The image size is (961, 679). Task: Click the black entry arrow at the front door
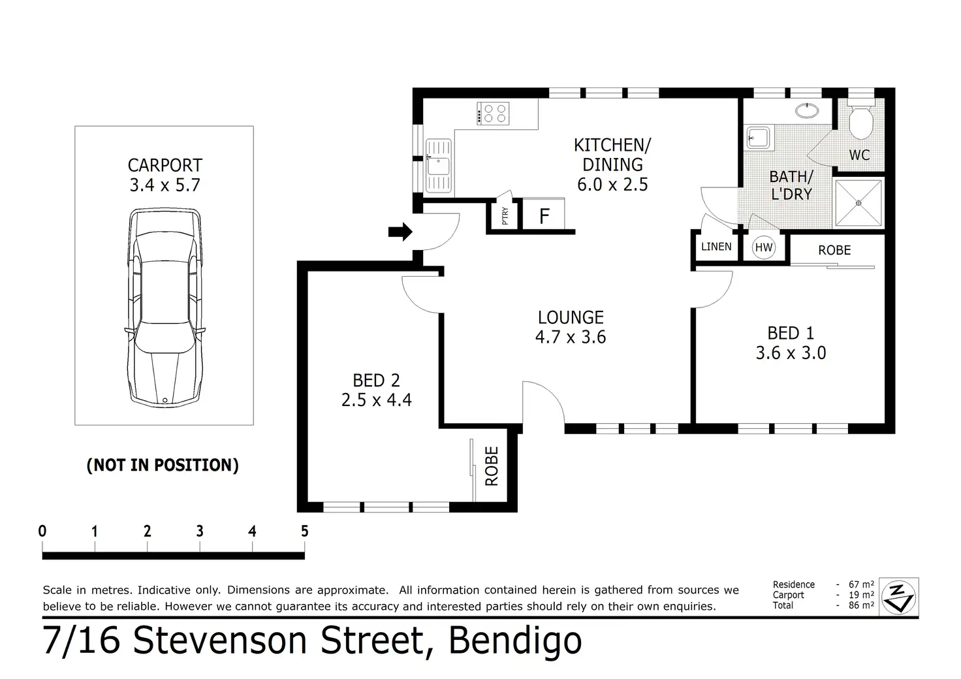pyautogui.click(x=400, y=232)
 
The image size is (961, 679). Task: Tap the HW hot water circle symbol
pyautogui.click(x=764, y=247)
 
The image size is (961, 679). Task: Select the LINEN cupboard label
pyautogui.click(x=716, y=247)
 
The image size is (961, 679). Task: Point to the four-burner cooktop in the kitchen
pyautogui.click(x=494, y=113)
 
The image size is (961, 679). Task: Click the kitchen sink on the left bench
pyautogui.click(x=439, y=166)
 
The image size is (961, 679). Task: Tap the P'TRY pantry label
pyautogui.click(x=505, y=215)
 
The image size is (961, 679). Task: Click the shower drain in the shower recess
pyautogui.click(x=859, y=203)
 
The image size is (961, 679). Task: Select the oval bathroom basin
pyautogui.click(x=807, y=111)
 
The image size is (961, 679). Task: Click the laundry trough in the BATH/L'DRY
pyautogui.click(x=758, y=137)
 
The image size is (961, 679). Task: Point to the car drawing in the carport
pyautogui.click(x=165, y=307)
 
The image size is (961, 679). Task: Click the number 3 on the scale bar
pyautogui.click(x=200, y=531)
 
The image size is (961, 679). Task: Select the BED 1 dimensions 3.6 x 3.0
pyautogui.click(x=791, y=353)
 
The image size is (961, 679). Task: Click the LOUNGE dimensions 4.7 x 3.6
pyautogui.click(x=570, y=338)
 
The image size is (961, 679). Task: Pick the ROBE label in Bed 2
pyautogui.click(x=491, y=466)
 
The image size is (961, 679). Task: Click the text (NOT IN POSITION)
pyautogui.click(x=163, y=466)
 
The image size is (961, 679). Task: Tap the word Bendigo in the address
pyautogui.click(x=515, y=642)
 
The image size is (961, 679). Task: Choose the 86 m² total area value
pyautogui.click(x=861, y=605)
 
